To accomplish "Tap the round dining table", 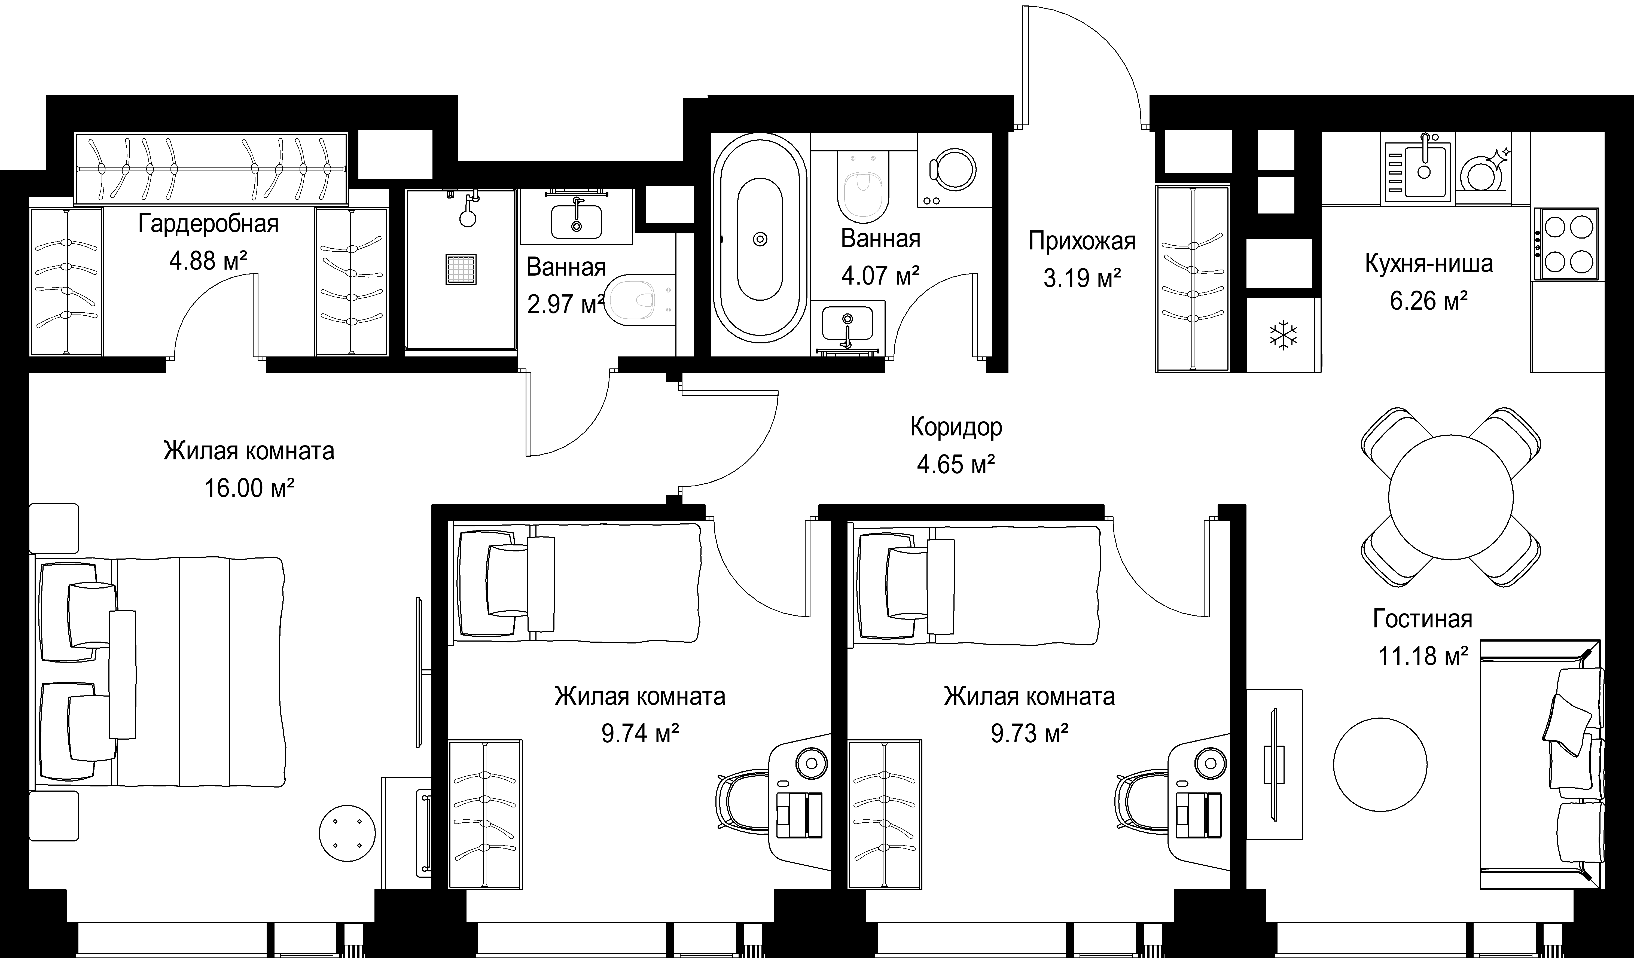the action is point(1450,497).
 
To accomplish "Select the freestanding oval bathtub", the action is point(760,239).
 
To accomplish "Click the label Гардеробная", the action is point(208,224).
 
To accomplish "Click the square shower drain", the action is point(461,269).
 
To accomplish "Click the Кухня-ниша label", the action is point(1428,263).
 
